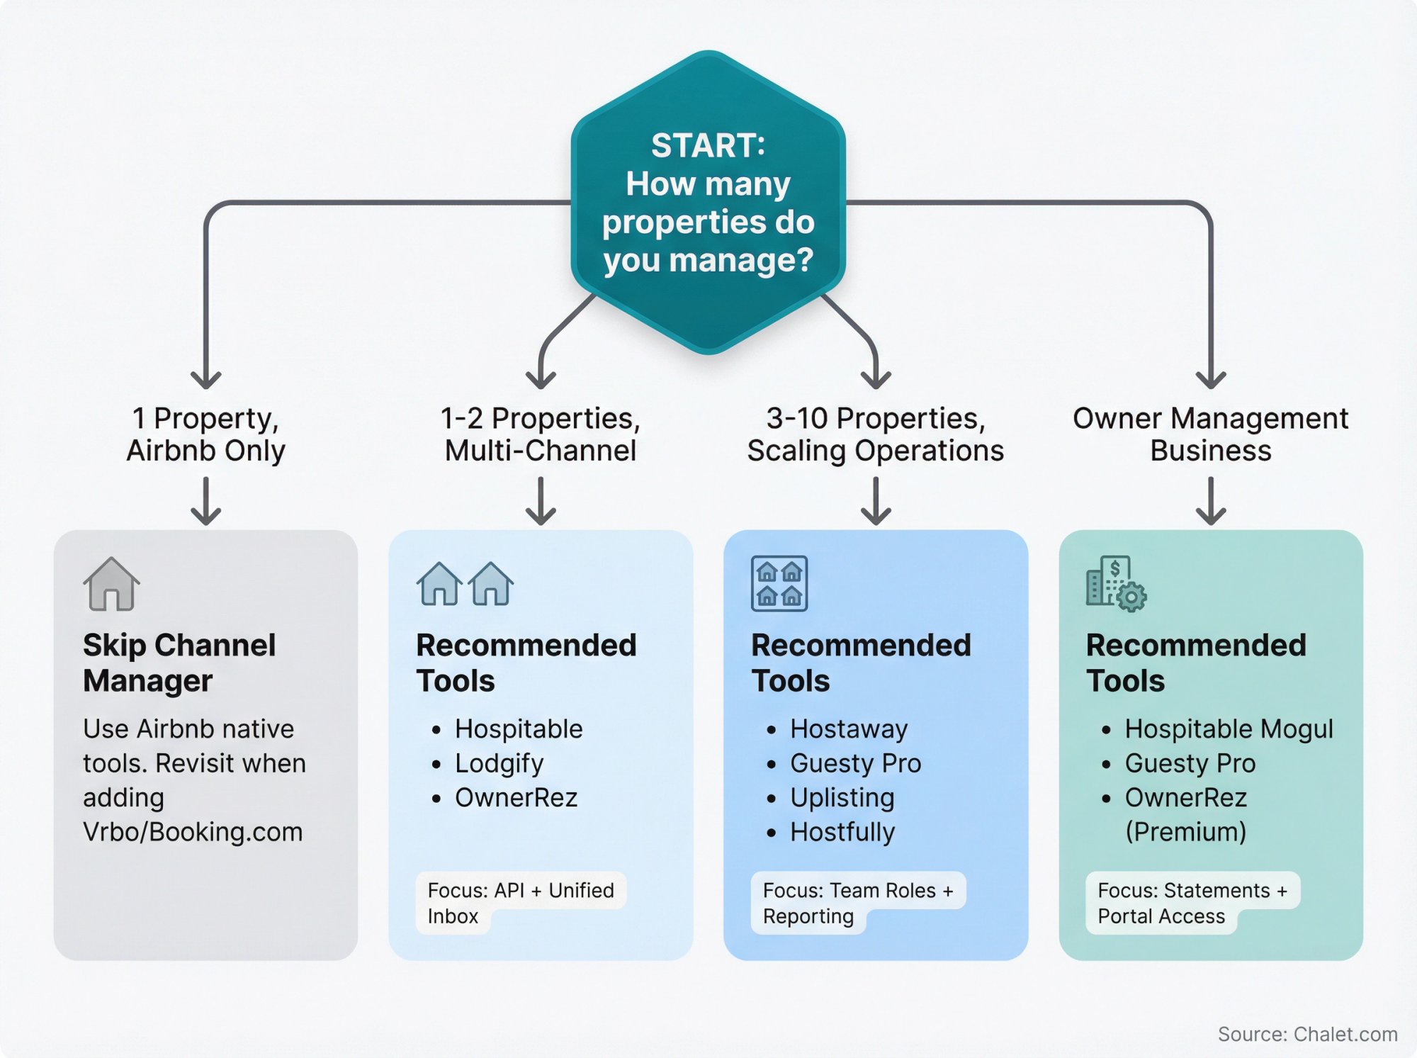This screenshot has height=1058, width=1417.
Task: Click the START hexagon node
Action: click(x=708, y=203)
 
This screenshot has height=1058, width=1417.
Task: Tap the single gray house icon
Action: click(x=111, y=584)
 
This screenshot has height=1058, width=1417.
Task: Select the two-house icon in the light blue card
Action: click(x=464, y=584)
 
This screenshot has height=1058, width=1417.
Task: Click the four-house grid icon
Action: click(x=779, y=583)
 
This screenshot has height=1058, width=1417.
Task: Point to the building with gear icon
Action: click(x=1116, y=584)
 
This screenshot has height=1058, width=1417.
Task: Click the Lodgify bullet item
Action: click(x=499, y=763)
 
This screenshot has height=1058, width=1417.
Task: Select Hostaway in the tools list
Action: click(x=848, y=728)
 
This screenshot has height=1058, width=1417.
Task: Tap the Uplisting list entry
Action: click(x=842, y=797)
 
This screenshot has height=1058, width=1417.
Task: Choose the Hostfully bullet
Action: click(x=842, y=832)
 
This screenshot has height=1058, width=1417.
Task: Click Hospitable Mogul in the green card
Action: click(x=1229, y=728)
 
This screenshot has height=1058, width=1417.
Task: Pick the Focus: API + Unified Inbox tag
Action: click(x=520, y=902)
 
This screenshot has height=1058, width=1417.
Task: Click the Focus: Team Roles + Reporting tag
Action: click(x=857, y=902)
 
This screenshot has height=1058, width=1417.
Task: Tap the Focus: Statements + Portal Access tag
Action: click(x=1192, y=902)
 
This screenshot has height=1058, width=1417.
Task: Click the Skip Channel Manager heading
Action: click(x=179, y=663)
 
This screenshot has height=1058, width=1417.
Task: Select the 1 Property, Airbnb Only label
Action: click(x=205, y=434)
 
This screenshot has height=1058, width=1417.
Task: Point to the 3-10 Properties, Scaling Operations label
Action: click(x=876, y=434)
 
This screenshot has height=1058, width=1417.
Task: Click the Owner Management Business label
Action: click(x=1210, y=434)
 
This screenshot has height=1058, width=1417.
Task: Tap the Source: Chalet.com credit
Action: click(x=1307, y=1034)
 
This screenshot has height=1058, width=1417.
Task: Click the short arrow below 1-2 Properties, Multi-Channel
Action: click(x=541, y=500)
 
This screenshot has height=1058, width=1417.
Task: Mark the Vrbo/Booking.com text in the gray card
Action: click(x=193, y=832)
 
